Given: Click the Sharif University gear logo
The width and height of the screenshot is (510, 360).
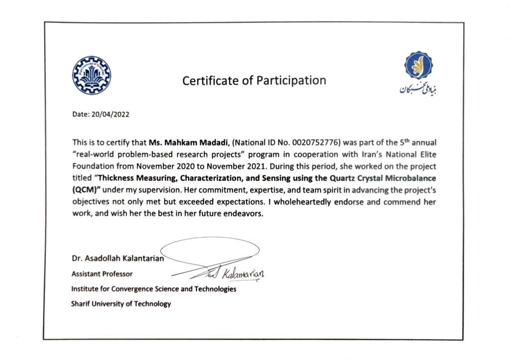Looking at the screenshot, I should coord(92,75).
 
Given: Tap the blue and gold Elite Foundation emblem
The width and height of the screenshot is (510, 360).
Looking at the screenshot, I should coord(418,65).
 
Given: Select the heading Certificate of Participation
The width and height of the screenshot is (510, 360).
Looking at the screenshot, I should coord(254,80).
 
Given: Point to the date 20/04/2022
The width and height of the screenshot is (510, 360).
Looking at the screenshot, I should coord(110,114).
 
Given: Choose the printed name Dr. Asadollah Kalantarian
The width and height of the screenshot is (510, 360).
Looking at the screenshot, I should coord(118,258).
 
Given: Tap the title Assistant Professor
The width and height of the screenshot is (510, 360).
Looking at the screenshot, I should coord(102,274).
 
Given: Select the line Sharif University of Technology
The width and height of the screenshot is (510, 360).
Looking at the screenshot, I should coord(121,304).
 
